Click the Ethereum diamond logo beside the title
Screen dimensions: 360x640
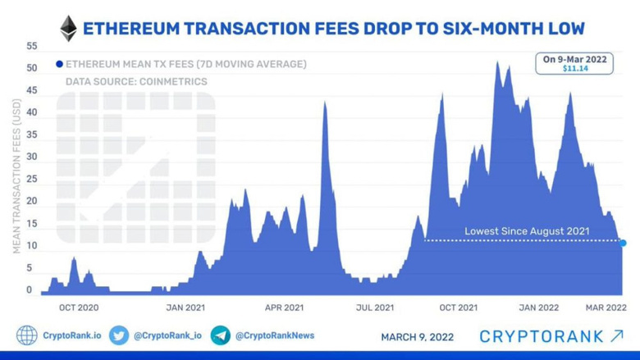click(68, 29)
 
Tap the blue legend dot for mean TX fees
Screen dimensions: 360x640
click(59, 64)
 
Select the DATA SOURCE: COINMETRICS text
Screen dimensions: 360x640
click(136, 82)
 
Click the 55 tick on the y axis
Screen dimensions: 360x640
click(32, 46)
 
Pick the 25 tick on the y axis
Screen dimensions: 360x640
click(32, 179)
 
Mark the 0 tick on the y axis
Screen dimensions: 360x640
click(29, 289)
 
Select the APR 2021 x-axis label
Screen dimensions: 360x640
click(283, 308)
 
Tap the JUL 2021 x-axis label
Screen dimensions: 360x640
click(374, 308)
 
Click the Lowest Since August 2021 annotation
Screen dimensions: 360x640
click(527, 231)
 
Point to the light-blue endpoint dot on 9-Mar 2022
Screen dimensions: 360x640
click(624, 243)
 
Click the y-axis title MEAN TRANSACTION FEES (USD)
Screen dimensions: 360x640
click(16, 176)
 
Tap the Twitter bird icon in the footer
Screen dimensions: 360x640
click(119, 335)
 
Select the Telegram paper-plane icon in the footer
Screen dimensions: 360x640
click(220, 335)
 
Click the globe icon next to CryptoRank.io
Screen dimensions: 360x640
click(27, 335)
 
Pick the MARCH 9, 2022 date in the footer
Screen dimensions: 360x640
click(417, 336)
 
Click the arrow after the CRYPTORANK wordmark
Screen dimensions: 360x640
click(617, 335)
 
